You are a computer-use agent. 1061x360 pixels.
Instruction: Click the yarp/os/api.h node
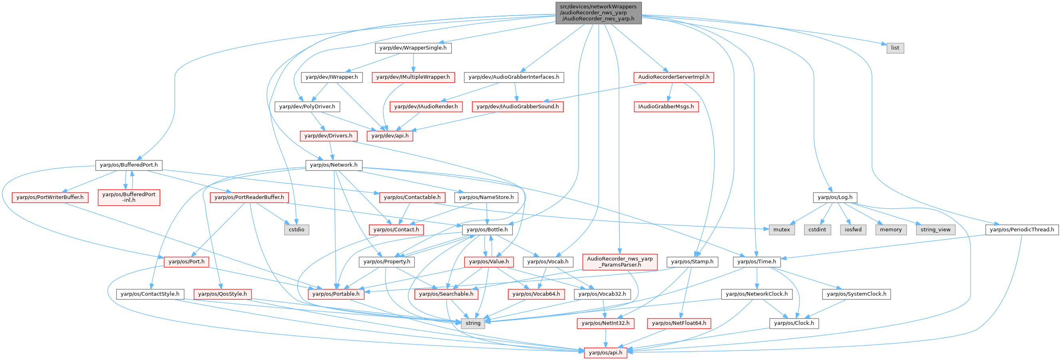pos(606,352)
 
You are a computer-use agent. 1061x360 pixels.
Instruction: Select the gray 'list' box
pos(895,48)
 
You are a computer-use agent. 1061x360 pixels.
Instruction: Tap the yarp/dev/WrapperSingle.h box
pos(413,48)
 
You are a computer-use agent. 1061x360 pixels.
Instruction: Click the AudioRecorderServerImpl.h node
pos(674,77)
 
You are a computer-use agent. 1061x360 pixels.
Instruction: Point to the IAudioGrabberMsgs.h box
pos(666,107)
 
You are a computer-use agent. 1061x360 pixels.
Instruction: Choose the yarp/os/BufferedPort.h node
pos(129,165)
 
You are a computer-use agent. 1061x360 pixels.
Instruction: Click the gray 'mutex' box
pos(781,229)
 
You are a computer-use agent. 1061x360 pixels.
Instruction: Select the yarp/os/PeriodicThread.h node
pos(1022,229)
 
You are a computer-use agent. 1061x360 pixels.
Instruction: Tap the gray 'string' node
pos(473,323)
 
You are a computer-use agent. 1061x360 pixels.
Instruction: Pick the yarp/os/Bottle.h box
pos(487,229)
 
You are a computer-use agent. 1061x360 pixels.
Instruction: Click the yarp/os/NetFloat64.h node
pos(679,323)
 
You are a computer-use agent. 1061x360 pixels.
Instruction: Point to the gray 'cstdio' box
pos(296,229)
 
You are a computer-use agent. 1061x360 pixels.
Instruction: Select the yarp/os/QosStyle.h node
pos(223,294)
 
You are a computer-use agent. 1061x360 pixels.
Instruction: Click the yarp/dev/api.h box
pos(389,135)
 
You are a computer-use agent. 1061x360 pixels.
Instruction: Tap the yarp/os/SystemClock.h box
pos(856,294)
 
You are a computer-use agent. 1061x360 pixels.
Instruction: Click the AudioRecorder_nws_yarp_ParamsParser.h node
pos(620,262)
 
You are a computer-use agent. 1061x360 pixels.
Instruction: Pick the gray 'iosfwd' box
pos(853,229)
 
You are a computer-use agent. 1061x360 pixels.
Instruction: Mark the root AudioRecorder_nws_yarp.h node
pos(598,13)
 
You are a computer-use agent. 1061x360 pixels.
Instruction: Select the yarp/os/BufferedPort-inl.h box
pos(129,197)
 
